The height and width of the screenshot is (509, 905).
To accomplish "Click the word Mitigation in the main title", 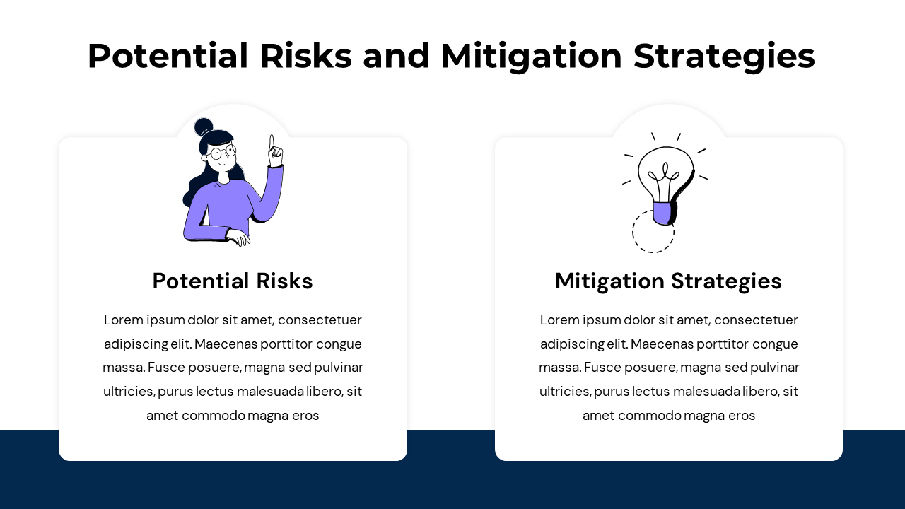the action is pyautogui.click(x=531, y=57).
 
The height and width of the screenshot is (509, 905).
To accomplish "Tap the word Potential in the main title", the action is pyautogui.click(x=168, y=56).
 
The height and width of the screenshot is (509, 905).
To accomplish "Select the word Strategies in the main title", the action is pyautogui.click(x=724, y=57).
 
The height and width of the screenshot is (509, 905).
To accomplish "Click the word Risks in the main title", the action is pyautogui.click(x=306, y=56).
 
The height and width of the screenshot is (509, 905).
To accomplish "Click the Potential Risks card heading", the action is pyautogui.click(x=233, y=281).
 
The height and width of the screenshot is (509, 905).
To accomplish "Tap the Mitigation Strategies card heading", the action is pyautogui.click(x=669, y=281).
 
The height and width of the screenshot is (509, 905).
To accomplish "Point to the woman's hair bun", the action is pyautogui.click(x=203, y=127).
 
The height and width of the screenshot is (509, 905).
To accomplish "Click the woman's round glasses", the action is pyautogui.click(x=222, y=153).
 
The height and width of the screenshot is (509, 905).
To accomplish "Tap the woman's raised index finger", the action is pyautogui.click(x=272, y=142).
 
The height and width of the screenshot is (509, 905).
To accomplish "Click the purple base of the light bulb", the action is pyautogui.click(x=662, y=213).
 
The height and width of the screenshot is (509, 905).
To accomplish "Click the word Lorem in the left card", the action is pyautogui.click(x=123, y=320).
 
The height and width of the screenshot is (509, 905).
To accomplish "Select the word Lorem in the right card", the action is pyautogui.click(x=559, y=320).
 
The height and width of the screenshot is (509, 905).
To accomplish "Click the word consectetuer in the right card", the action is pyautogui.click(x=756, y=320).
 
